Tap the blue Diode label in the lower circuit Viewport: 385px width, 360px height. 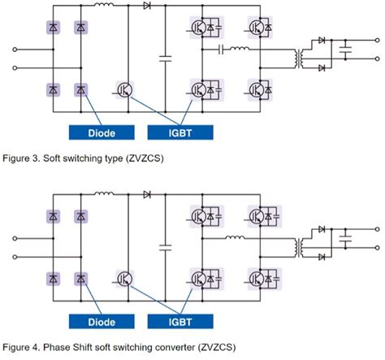[101, 320]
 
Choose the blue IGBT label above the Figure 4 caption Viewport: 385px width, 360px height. [180, 320]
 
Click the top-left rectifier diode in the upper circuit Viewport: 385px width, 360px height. [53, 28]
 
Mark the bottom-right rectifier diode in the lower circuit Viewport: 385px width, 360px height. [80, 279]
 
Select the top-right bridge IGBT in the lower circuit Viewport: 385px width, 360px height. [259, 215]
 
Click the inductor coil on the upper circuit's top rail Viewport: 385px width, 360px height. [104, 7]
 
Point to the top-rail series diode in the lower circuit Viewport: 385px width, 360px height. [148, 194]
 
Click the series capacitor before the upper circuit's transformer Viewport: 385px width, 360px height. [221, 50]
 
